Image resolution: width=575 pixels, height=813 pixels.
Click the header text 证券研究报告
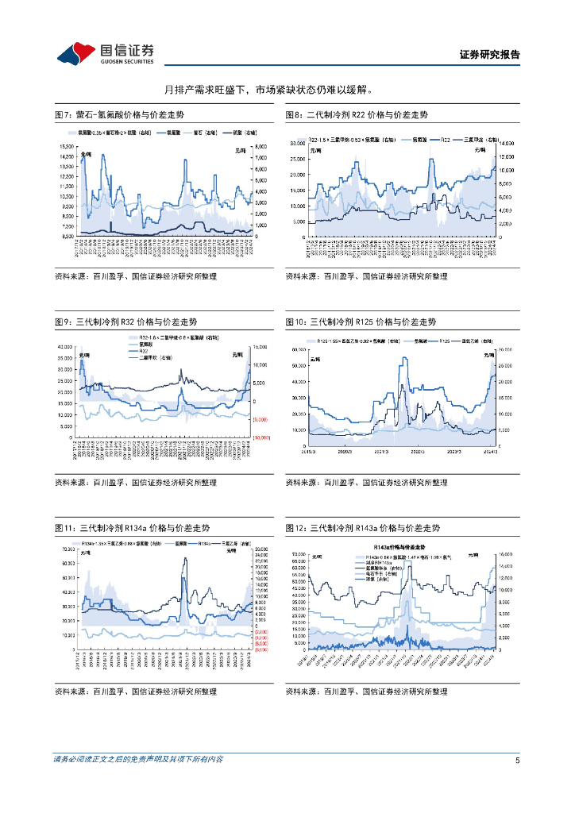(x=490, y=55)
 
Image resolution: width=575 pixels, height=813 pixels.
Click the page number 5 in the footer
(x=517, y=760)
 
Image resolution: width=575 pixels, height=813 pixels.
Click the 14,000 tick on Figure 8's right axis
(x=505, y=144)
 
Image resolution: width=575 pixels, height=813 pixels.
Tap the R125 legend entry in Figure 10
(x=445, y=340)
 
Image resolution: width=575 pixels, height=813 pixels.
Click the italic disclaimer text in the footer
(x=137, y=760)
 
